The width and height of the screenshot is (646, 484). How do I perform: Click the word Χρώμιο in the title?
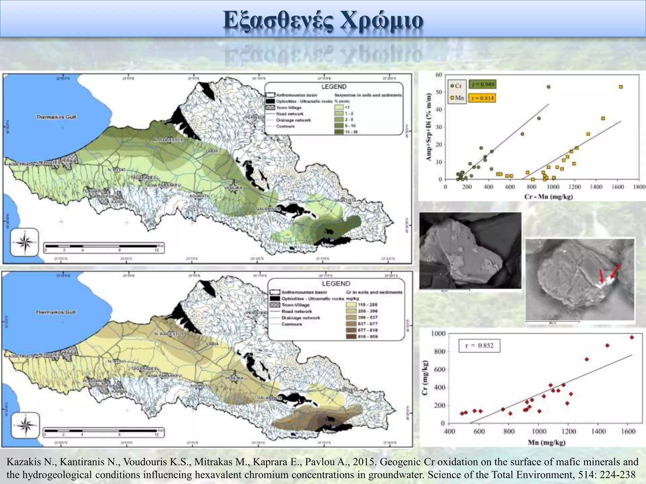(382, 20)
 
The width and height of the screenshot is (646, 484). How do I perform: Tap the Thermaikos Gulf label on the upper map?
(56, 117)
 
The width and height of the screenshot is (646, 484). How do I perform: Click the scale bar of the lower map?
(101, 430)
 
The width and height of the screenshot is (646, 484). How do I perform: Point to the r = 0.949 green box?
(483, 84)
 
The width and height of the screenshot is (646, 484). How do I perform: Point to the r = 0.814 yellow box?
(483, 98)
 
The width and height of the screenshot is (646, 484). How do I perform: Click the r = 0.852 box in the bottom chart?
(479, 346)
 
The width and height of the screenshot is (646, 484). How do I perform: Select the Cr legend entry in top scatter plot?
(456, 86)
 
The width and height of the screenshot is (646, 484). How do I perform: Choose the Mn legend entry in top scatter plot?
(457, 98)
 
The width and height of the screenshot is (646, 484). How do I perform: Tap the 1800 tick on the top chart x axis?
(639, 187)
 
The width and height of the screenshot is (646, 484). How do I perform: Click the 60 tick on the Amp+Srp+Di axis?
(439, 75)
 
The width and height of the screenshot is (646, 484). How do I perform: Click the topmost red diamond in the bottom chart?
(631, 337)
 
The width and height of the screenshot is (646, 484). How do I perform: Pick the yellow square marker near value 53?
(621, 87)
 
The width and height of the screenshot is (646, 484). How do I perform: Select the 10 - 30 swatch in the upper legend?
(339, 132)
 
